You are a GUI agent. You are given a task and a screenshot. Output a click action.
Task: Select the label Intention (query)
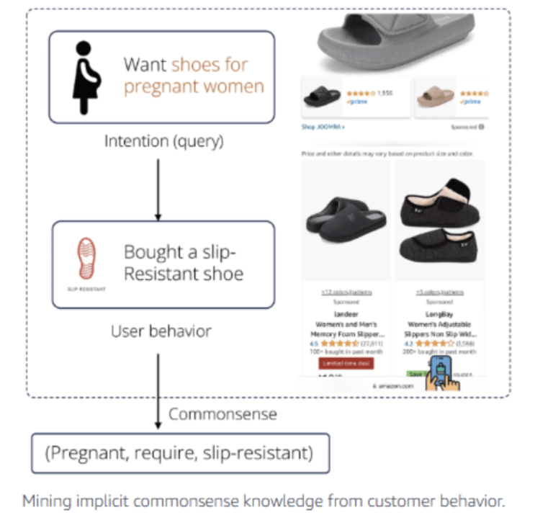pyautogui.click(x=163, y=141)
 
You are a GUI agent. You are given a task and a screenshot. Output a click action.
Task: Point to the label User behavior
pyautogui.click(x=161, y=331)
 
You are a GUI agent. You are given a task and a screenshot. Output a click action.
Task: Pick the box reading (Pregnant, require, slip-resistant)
pyautogui.click(x=180, y=453)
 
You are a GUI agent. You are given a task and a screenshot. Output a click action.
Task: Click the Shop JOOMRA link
pyautogui.click(x=323, y=127)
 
